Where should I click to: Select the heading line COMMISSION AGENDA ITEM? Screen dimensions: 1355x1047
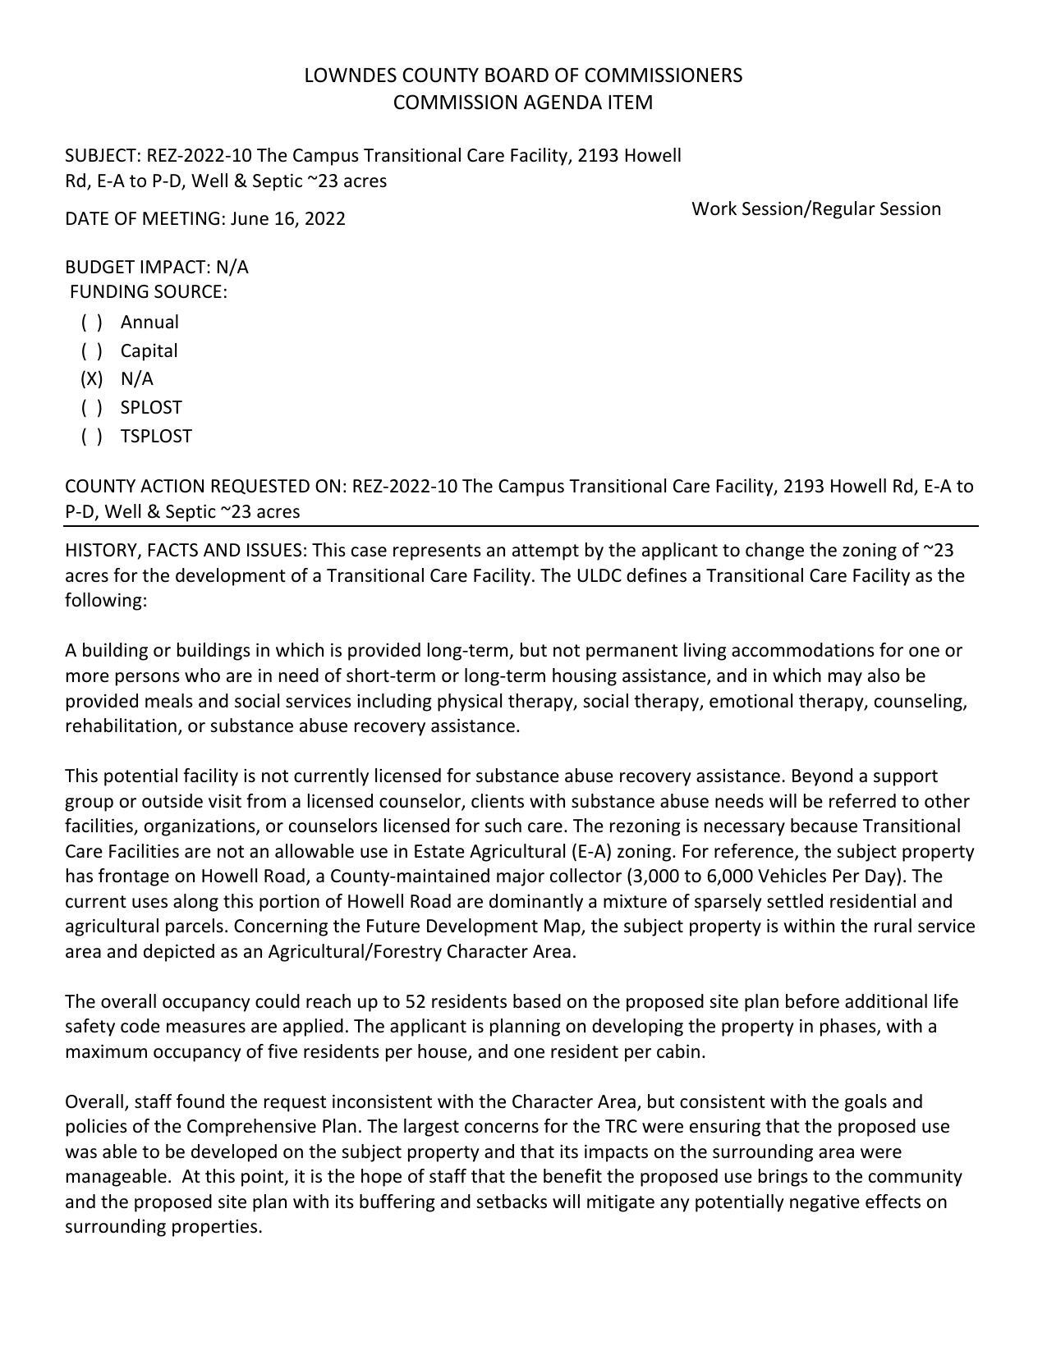click(x=523, y=103)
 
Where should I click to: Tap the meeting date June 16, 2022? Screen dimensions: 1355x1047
click(x=287, y=219)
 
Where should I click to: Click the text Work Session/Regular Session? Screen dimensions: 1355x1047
click(x=815, y=208)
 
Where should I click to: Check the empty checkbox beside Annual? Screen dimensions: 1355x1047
click(x=92, y=323)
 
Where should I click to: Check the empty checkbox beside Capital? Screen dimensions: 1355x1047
click(x=92, y=351)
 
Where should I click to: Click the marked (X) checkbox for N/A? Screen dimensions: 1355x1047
click(x=92, y=379)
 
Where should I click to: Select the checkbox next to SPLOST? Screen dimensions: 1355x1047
click(x=92, y=408)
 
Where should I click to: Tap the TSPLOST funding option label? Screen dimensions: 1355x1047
click(x=156, y=437)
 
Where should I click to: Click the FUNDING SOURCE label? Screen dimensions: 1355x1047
click(x=148, y=292)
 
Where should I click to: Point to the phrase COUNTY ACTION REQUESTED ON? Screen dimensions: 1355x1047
click(x=205, y=487)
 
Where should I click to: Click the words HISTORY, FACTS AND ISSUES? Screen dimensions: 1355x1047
click(x=186, y=550)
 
